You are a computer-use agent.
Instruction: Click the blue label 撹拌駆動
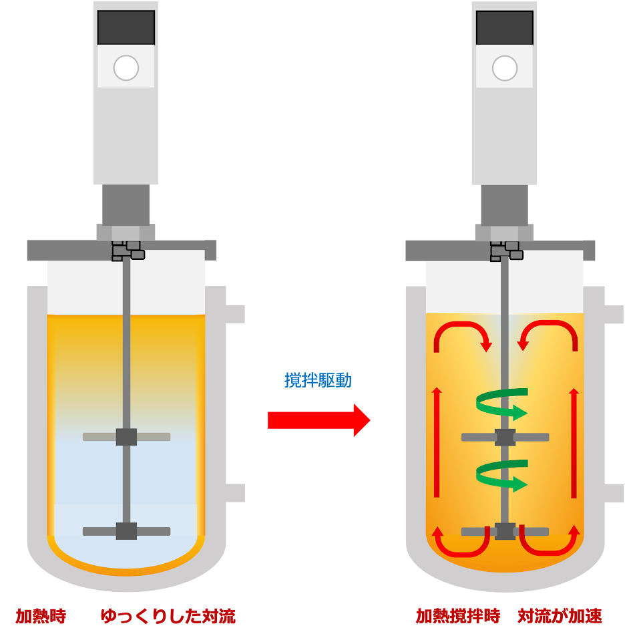click(x=318, y=380)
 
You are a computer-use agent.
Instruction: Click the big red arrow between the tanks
click(x=318, y=420)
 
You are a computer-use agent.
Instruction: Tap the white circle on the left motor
click(x=126, y=67)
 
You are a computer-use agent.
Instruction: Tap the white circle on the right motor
click(x=505, y=67)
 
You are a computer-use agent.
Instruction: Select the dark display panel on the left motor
click(x=126, y=27)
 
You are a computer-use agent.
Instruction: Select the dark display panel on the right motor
click(x=505, y=27)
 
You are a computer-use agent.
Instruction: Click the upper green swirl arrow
click(x=502, y=404)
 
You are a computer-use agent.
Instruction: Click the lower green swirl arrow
click(x=502, y=475)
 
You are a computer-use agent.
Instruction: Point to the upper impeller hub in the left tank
click(x=126, y=437)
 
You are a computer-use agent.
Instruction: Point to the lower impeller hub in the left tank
click(x=126, y=531)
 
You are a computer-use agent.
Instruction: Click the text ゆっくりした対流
click(x=168, y=616)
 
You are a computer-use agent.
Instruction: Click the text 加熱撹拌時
click(x=458, y=616)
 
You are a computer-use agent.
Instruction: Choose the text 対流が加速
click(x=560, y=616)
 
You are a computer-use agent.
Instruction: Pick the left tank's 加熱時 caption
click(x=41, y=616)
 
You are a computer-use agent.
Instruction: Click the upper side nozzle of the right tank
click(x=614, y=315)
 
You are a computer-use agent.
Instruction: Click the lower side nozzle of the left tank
click(x=236, y=493)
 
